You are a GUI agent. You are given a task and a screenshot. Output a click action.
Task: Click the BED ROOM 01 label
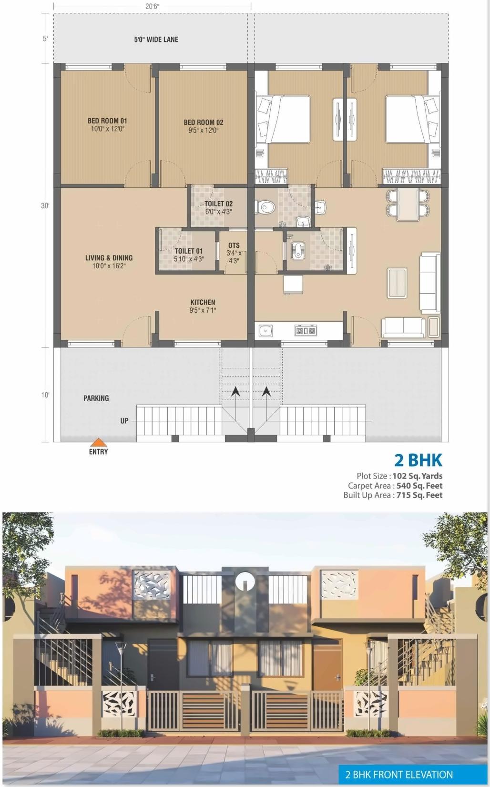click(x=107, y=121)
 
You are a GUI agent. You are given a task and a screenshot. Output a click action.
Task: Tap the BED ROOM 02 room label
click(x=204, y=123)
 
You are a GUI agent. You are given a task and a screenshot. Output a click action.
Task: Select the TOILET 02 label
click(x=218, y=204)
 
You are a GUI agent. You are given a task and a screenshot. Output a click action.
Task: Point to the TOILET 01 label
click(x=188, y=251)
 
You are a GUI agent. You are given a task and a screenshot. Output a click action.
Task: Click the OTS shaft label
click(x=234, y=245)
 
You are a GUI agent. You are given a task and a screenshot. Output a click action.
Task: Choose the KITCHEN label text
click(x=203, y=302)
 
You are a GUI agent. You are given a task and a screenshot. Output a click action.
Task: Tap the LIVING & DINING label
click(x=109, y=258)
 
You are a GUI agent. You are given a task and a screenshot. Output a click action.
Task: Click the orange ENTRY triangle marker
click(x=98, y=442)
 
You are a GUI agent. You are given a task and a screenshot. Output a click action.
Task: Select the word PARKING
click(x=96, y=398)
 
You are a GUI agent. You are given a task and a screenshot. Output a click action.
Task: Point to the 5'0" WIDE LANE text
click(x=156, y=40)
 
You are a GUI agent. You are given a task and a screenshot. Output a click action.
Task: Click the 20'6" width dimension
click(x=152, y=7)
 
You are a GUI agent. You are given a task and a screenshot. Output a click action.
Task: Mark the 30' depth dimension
click(x=45, y=205)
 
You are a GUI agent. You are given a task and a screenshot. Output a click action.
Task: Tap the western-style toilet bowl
click(x=265, y=207)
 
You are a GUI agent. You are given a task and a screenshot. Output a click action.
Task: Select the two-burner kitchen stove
click(x=305, y=330)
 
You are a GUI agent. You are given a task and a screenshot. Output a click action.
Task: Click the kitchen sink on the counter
click(x=265, y=330)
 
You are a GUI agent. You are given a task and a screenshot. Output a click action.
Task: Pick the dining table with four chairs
click(x=408, y=204)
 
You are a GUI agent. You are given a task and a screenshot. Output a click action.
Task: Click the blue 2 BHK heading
click(x=418, y=460)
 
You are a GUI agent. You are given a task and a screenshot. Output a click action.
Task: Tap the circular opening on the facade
click(x=245, y=581)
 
